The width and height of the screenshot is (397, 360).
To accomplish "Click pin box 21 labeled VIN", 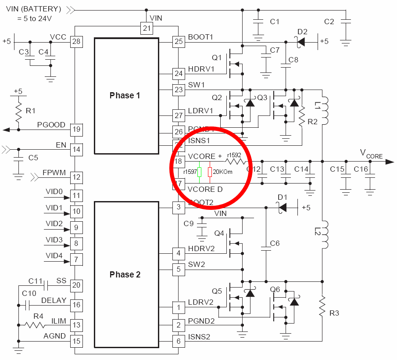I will point(146,28).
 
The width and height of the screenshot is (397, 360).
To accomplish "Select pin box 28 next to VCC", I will point(76,42).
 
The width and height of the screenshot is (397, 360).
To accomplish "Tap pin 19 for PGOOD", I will point(76,130).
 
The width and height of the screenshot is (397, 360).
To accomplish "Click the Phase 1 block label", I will point(125,95).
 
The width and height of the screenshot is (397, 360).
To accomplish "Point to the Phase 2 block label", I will point(125,274).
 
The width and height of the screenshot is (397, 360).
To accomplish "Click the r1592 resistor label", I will point(233,155).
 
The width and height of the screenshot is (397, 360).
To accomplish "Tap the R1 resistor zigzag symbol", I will point(18,112).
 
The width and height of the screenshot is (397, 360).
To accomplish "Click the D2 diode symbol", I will point(301,42).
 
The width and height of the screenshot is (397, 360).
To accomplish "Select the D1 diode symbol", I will point(283,207).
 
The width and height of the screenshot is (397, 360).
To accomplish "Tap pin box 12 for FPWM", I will point(76,177).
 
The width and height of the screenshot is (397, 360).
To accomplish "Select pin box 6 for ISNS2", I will point(178,341).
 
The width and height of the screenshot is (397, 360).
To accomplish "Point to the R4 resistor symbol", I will point(35,325).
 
